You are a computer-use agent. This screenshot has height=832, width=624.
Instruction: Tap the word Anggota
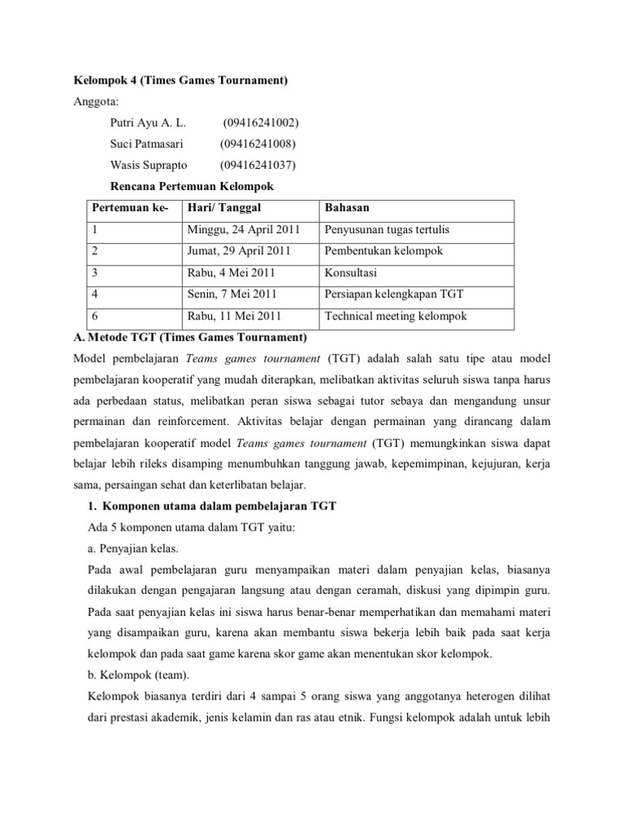click(96, 102)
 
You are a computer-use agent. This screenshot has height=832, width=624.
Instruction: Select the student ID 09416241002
click(260, 123)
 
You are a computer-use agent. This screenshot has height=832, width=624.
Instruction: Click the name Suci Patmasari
click(147, 145)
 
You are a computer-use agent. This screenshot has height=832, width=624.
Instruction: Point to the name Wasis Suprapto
click(149, 166)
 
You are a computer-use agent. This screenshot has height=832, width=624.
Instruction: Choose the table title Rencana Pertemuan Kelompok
click(191, 187)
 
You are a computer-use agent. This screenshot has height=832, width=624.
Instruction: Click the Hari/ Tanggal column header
click(223, 209)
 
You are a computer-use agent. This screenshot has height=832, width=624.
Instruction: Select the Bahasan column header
click(346, 209)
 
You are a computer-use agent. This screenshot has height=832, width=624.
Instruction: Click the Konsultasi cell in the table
click(350, 273)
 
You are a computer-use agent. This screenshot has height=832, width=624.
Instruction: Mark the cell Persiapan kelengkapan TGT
click(393, 294)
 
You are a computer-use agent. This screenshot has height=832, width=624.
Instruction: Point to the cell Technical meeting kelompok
click(396, 316)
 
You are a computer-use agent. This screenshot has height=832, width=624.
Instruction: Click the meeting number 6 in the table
click(95, 316)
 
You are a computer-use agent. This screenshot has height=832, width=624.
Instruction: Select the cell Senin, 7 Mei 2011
click(232, 294)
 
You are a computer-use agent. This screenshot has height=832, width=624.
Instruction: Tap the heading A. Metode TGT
click(188, 336)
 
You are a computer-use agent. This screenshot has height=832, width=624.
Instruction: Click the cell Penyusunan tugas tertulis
click(386, 230)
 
